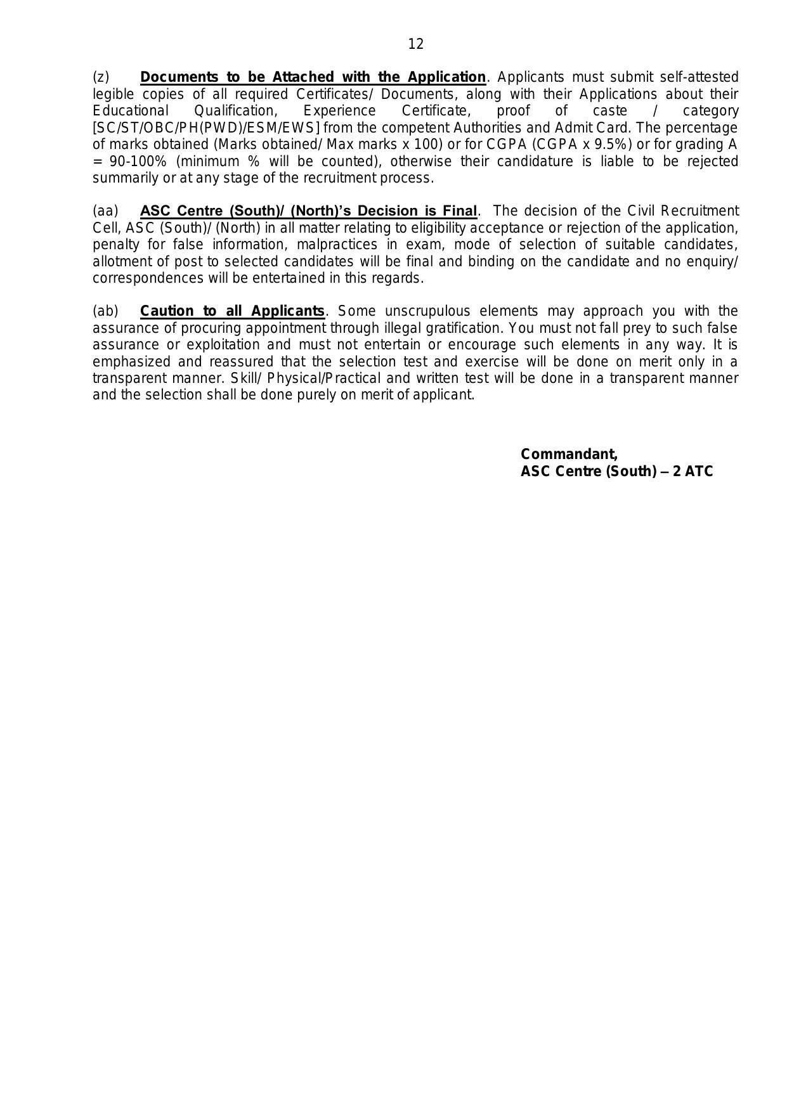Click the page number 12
pyautogui.click(x=415, y=44)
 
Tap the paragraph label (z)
pyautogui.click(x=101, y=77)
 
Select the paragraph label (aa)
pyautogui.click(x=105, y=211)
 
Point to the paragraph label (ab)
pyautogui.click(x=105, y=311)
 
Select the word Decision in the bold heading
pyautogui.click(x=388, y=211)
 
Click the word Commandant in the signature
pyautogui.click(x=568, y=454)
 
